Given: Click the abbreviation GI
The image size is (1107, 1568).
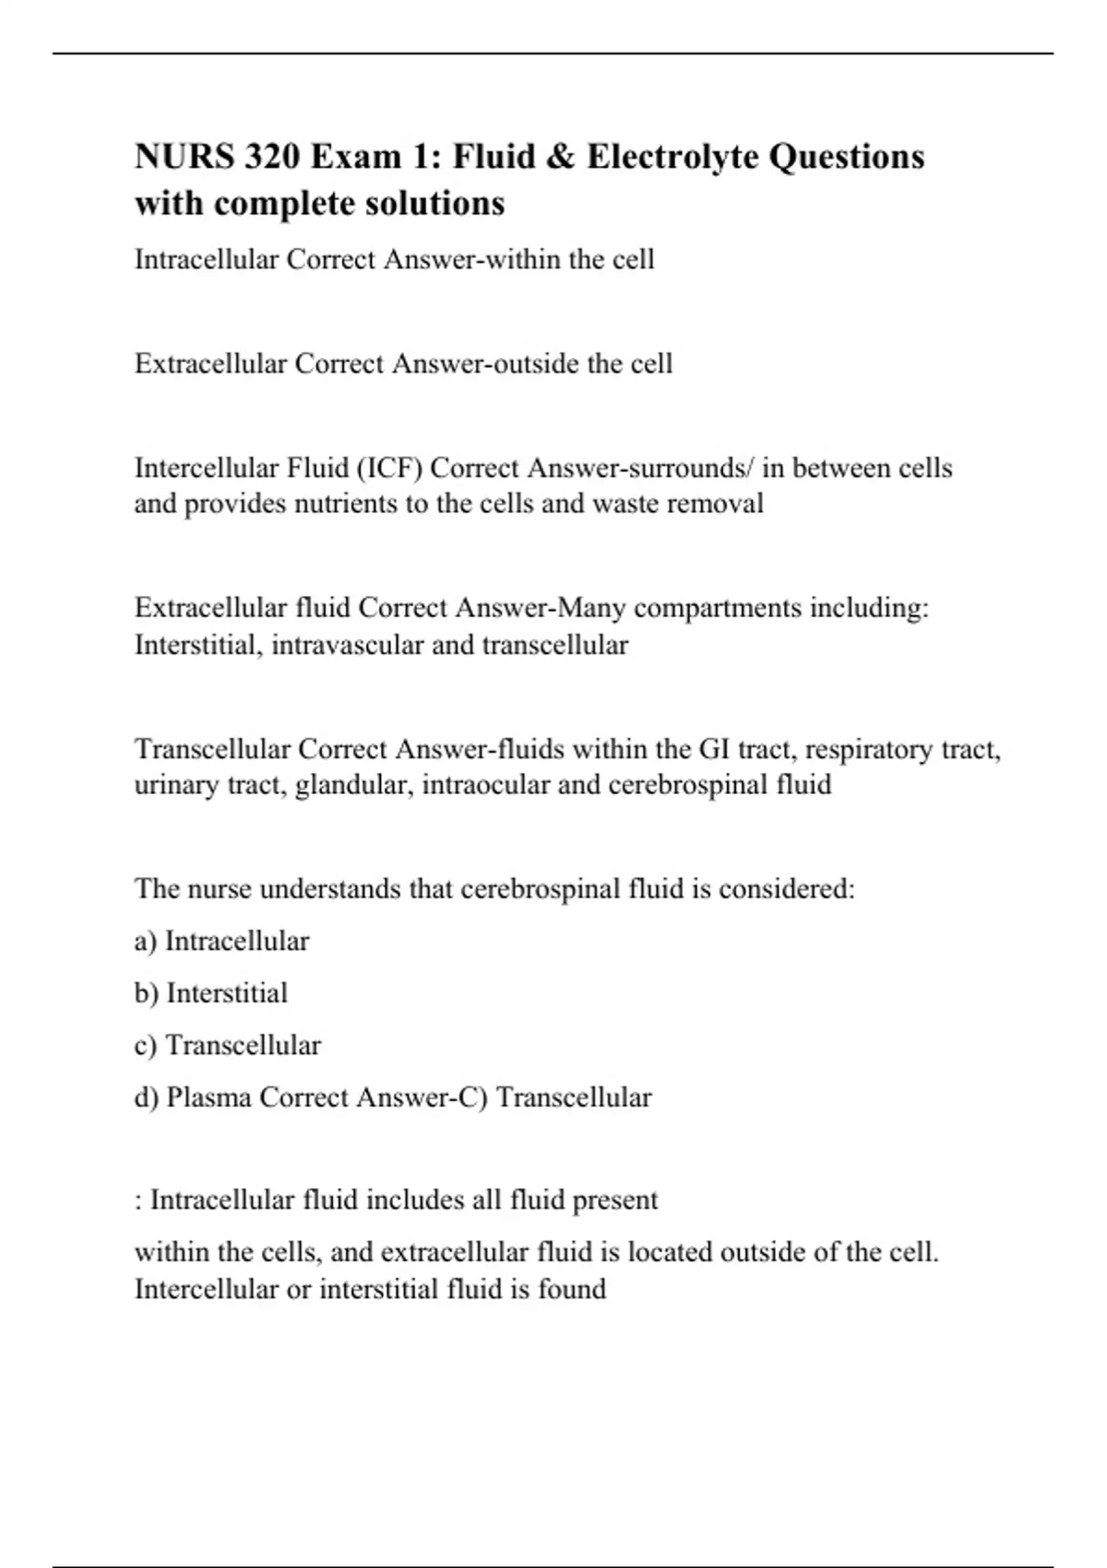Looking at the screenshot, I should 714,749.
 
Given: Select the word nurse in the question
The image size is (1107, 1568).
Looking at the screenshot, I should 220,889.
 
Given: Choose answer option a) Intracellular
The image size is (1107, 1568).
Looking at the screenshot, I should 221,942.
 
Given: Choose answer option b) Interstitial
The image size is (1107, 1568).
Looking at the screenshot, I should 211,993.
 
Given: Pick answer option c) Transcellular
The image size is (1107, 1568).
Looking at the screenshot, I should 228,1046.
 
